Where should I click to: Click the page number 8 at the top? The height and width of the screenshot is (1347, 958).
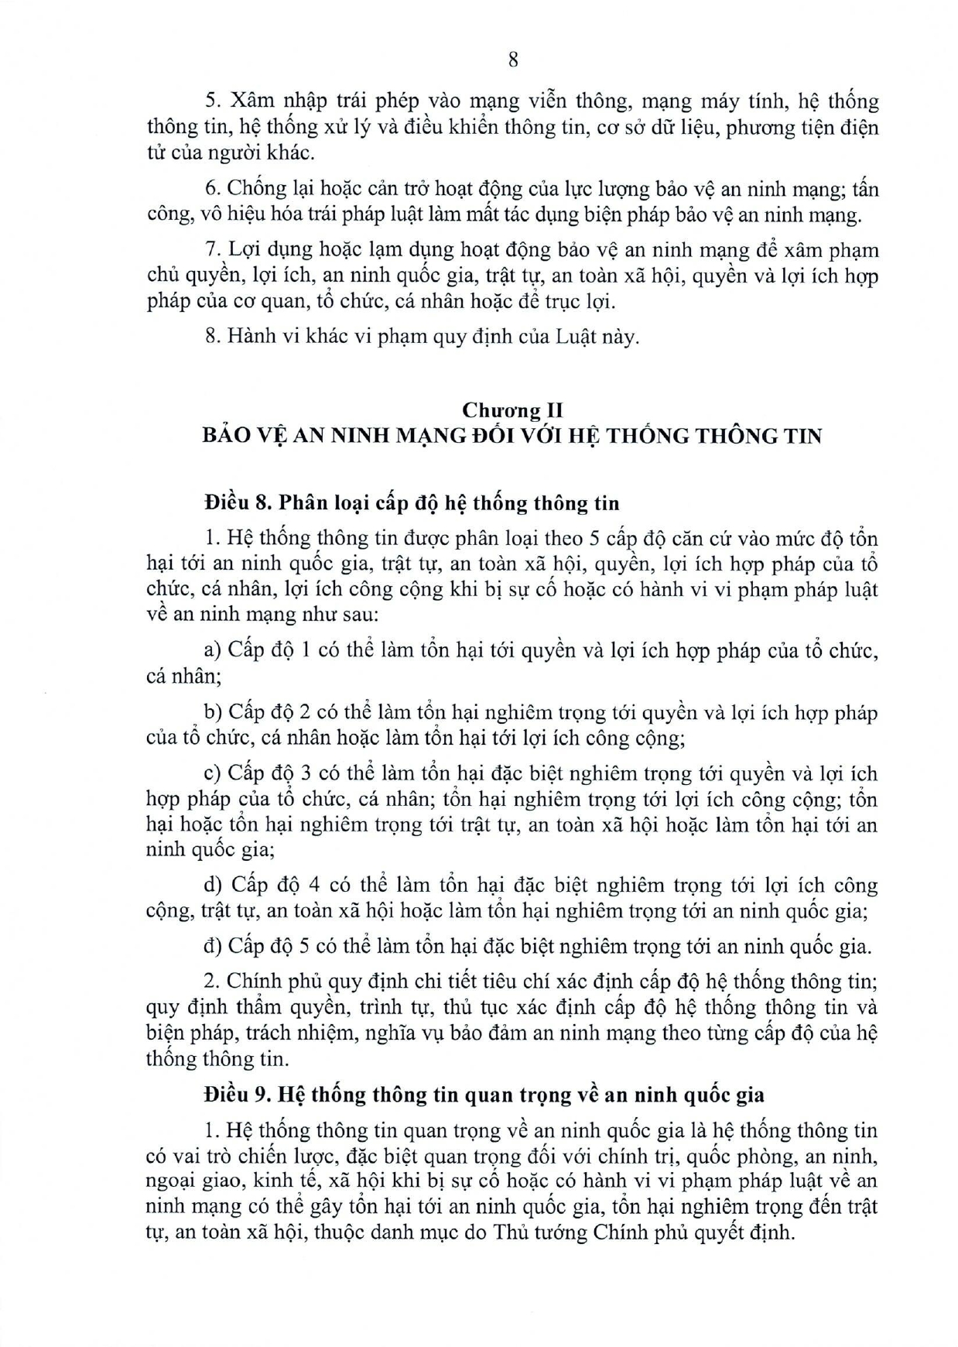pos(512,60)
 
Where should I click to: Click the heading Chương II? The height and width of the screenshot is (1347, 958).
pos(512,410)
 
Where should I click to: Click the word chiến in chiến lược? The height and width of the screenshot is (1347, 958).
pos(261,1157)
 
